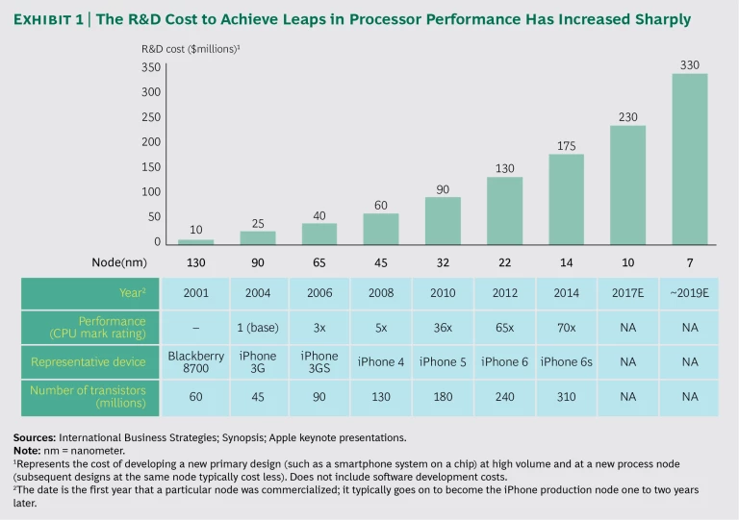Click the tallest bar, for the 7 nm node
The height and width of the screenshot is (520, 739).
click(689, 160)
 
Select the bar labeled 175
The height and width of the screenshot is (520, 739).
click(567, 200)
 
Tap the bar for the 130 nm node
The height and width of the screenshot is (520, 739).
click(196, 241)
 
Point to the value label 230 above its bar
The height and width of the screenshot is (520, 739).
click(627, 116)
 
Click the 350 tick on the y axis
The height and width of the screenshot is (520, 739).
click(150, 67)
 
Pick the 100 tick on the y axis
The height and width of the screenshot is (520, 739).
click(150, 192)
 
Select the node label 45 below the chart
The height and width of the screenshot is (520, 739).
click(380, 262)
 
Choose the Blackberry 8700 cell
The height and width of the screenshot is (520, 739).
click(196, 361)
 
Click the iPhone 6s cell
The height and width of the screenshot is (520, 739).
click(567, 361)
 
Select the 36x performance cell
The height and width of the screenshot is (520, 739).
click(443, 328)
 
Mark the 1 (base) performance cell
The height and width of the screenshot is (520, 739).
click(258, 328)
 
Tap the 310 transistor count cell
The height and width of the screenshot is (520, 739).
click(567, 397)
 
